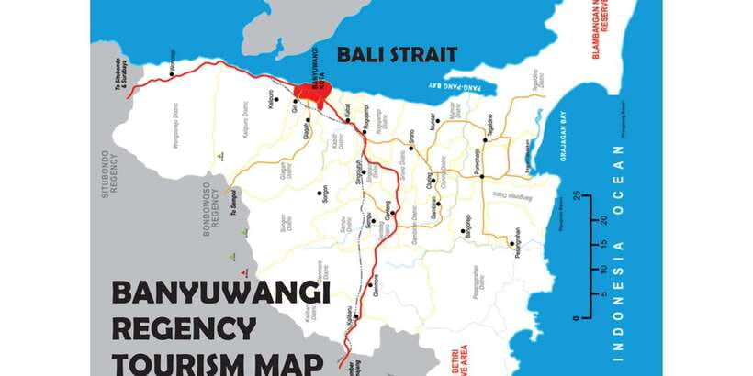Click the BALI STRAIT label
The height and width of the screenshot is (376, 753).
(397, 54)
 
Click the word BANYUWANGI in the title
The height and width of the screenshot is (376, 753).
(220, 294)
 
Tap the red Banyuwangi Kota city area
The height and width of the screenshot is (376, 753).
(312, 93)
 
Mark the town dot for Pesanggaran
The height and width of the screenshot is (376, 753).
(511, 243)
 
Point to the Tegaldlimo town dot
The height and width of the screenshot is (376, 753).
(484, 140)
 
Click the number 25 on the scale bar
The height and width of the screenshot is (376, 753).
(576, 196)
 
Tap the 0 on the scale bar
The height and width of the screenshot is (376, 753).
(576, 317)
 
